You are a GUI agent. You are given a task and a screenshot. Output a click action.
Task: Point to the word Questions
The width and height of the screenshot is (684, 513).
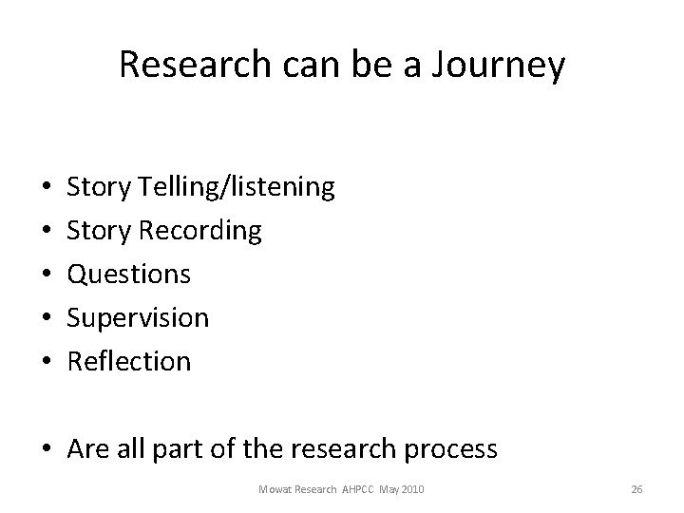(129, 275)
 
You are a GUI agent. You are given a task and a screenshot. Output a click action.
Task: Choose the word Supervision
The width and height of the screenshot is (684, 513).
(139, 318)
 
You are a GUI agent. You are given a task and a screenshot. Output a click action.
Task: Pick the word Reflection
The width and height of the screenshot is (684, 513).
(129, 361)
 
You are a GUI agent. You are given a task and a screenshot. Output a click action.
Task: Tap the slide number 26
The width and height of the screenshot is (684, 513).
(636, 489)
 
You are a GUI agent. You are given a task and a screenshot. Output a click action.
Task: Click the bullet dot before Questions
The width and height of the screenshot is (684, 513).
(47, 275)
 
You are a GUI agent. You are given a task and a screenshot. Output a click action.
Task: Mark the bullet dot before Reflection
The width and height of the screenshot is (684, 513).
(47, 362)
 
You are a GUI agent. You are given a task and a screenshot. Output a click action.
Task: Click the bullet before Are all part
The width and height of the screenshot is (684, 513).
(47, 449)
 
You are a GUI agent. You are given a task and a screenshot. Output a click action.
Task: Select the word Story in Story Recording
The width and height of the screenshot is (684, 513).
(99, 231)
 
